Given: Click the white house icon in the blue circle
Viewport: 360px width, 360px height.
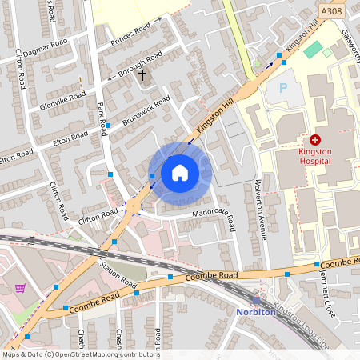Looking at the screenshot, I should [x=180, y=173].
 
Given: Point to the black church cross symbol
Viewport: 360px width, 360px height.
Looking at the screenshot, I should [x=143, y=75].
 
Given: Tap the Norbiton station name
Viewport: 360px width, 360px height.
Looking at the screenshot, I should [x=255, y=312].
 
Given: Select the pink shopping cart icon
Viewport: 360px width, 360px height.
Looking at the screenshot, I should [x=20, y=287].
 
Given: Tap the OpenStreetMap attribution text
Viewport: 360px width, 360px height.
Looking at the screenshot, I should [x=80, y=354].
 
